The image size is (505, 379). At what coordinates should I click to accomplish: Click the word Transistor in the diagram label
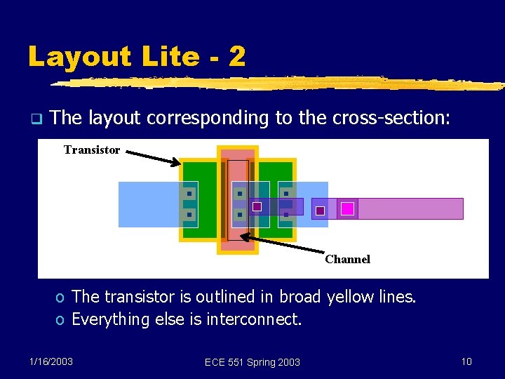pyautogui.click(x=92, y=149)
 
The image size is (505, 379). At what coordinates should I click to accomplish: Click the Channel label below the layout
pyautogui.click(x=347, y=259)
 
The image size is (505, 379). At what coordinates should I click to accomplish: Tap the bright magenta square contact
pyautogui.click(x=347, y=208)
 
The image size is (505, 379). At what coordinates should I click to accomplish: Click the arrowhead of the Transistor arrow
pyautogui.click(x=177, y=164)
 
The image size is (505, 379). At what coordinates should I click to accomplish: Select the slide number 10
pyautogui.click(x=466, y=361)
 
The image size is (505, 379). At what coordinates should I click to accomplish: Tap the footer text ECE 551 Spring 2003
pyautogui.click(x=252, y=362)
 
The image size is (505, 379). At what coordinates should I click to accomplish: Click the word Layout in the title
pyautogui.click(x=75, y=57)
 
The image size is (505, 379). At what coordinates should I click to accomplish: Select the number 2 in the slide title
pyautogui.click(x=237, y=57)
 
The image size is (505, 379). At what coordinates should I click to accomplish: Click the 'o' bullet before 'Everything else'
pyautogui.click(x=61, y=320)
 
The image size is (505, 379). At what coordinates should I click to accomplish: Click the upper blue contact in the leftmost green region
pyautogui.click(x=189, y=193)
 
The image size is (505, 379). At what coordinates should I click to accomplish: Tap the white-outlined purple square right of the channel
pyautogui.click(x=257, y=206)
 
